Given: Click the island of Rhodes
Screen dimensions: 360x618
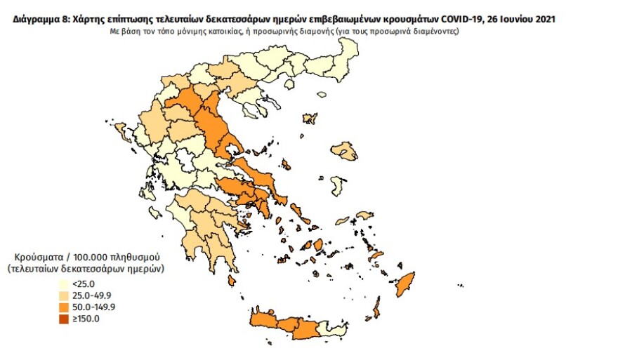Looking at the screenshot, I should click(405, 284).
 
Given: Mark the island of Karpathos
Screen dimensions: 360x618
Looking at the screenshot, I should click(377, 307).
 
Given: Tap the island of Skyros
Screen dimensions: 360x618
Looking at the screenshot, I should click(286, 166).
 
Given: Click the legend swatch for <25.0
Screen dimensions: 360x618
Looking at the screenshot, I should click(63, 284).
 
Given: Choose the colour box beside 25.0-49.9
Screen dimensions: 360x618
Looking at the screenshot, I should click(63, 295).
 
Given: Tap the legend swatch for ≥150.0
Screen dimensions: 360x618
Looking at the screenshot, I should click(63, 319).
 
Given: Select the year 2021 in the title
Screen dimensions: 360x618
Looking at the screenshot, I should click(542, 20).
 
